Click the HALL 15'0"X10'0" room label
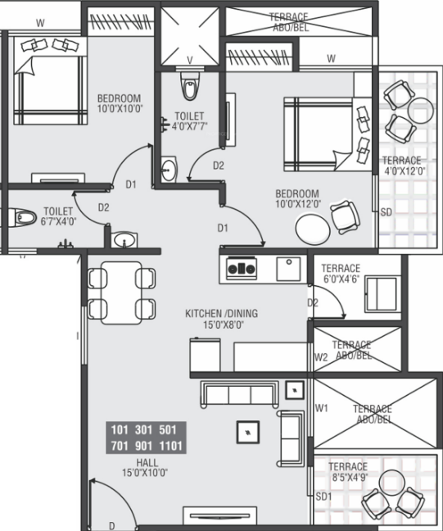[x=145, y=467]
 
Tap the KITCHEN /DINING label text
[x=222, y=314]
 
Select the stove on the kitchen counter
[x=241, y=269]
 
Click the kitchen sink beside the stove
[x=288, y=269]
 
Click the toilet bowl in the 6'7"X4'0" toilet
[x=21, y=217]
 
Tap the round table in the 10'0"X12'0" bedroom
[x=313, y=229]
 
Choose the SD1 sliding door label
[x=323, y=497]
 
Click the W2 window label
[x=321, y=357]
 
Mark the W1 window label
[x=322, y=408]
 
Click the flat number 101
[x=120, y=430]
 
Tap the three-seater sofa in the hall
[x=240, y=394]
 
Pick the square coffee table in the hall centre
[x=248, y=432]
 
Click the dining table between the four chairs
[x=121, y=293]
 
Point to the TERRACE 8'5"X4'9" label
[x=348, y=472]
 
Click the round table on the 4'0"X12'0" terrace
[x=420, y=111]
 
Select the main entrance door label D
[x=111, y=525]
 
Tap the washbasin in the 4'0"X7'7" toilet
[x=168, y=169]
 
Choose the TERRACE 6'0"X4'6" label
[x=341, y=274]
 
